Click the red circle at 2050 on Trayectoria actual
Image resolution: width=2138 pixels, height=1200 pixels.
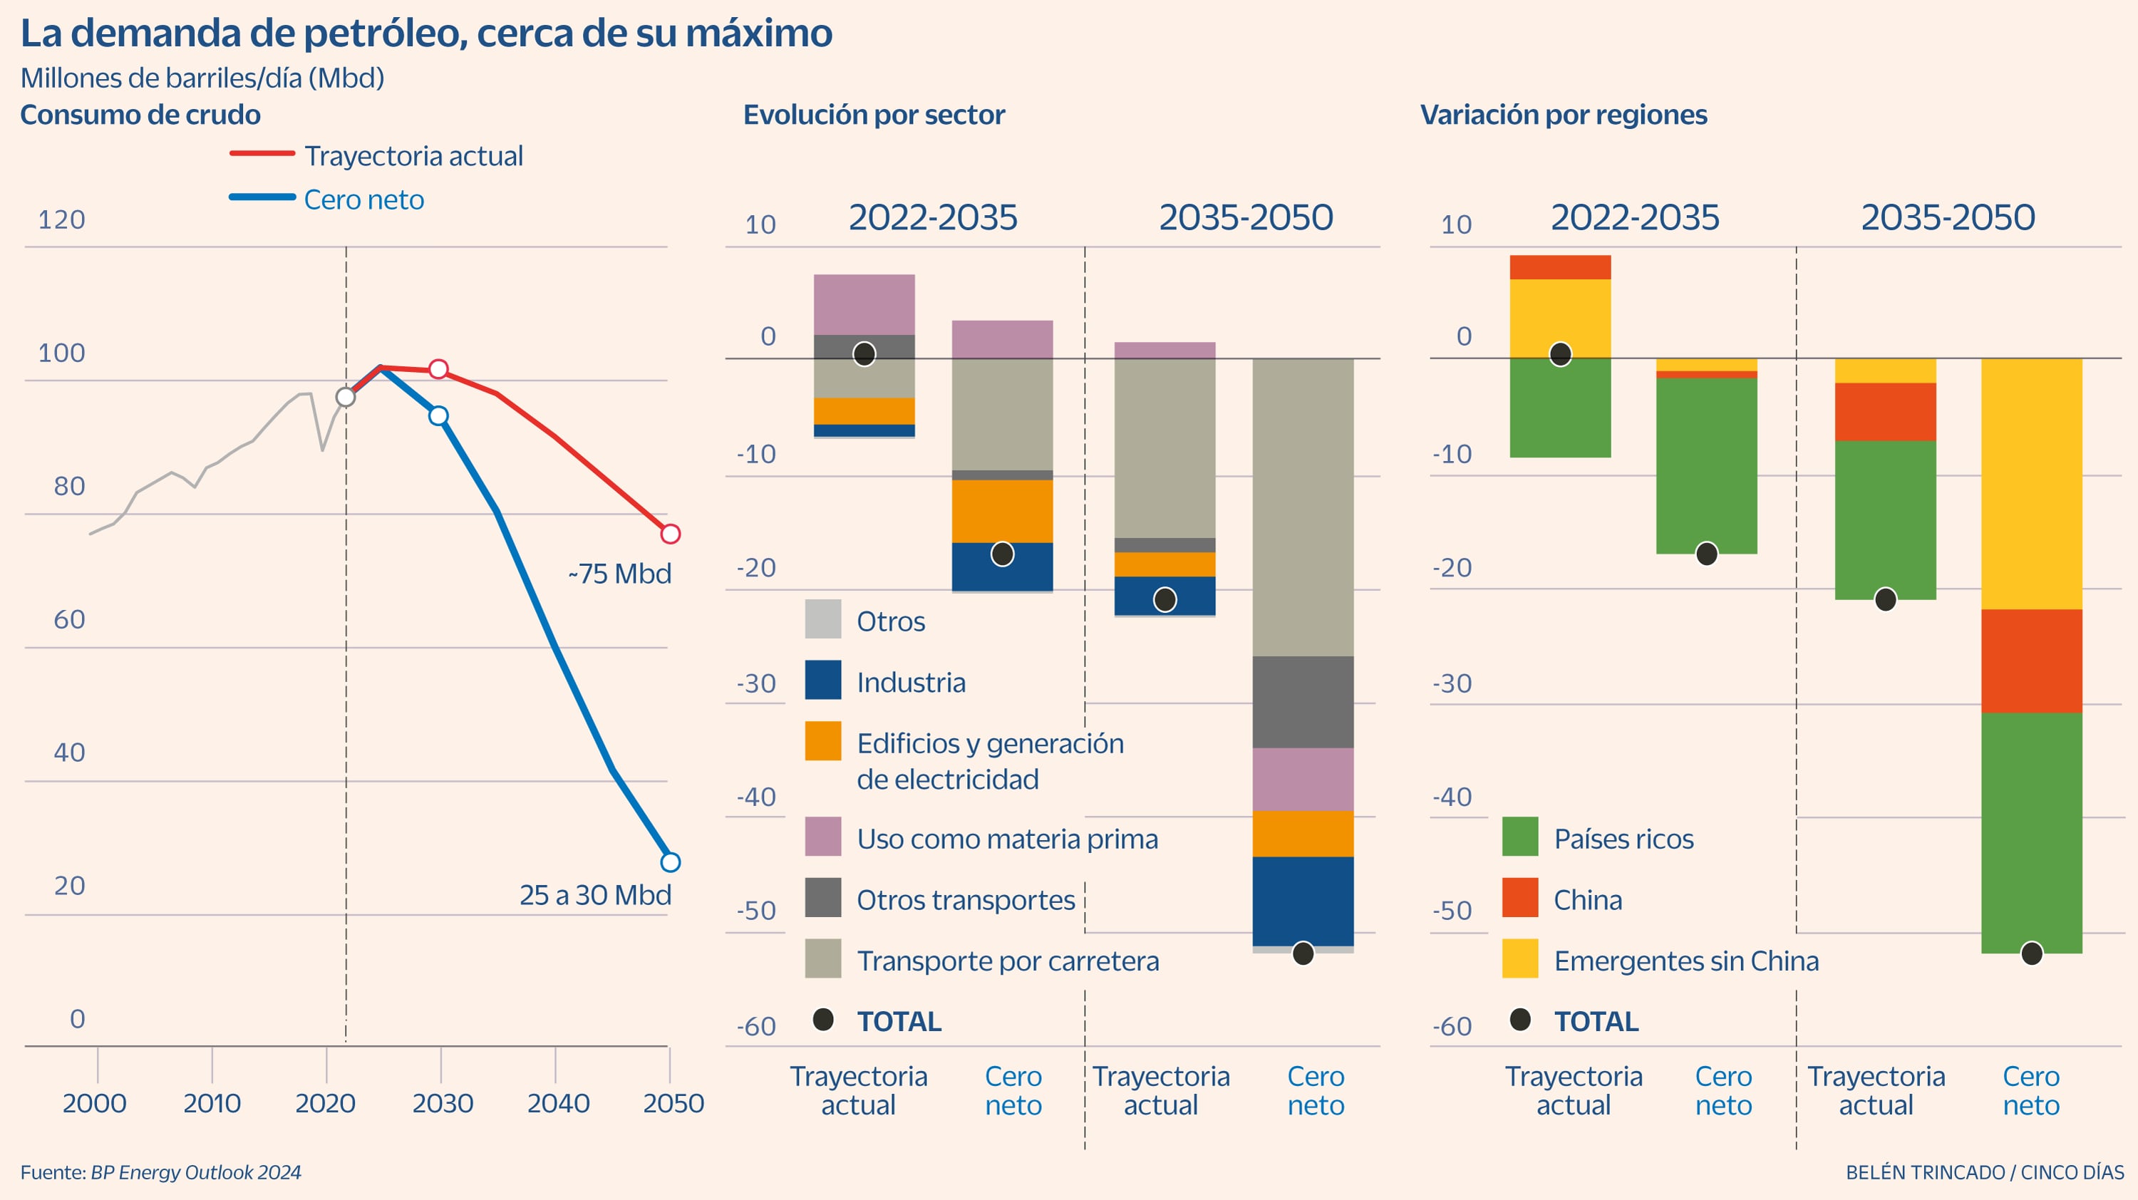(x=670, y=534)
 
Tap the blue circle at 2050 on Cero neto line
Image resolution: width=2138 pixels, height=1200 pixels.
(x=670, y=862)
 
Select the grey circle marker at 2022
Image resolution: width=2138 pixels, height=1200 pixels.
(x=345, y=397)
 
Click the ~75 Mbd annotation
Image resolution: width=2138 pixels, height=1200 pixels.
(x=619, y=574)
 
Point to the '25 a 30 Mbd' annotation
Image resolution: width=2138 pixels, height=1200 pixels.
(x=595, y=894)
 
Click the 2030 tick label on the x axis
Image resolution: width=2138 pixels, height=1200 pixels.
(x=443, y=1103)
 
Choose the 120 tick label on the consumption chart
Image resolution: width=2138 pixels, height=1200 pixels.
(x=61, y=220)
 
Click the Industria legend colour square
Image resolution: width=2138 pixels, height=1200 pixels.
(x=822, y=681)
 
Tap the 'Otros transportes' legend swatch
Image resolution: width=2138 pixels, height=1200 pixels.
(x=822, y=898)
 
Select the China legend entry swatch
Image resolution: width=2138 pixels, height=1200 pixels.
(x=1519, y=898)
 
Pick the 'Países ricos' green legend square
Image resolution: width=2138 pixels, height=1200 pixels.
(x=1519, y=837)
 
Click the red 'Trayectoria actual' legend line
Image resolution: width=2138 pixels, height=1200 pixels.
(x=262, y=153)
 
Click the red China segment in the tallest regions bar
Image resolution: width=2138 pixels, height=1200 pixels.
(x=2031, y=661)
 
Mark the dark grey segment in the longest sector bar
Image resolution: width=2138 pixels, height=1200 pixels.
(x=1302, y=701)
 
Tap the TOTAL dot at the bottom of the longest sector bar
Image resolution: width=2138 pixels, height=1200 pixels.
(x=1303, y=953)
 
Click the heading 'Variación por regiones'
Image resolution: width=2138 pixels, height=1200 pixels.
(x=1563, y=115)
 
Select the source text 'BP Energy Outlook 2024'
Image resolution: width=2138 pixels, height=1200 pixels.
(x=195, y=1171)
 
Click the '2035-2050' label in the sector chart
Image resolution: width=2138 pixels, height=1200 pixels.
(x=1246, y=217)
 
